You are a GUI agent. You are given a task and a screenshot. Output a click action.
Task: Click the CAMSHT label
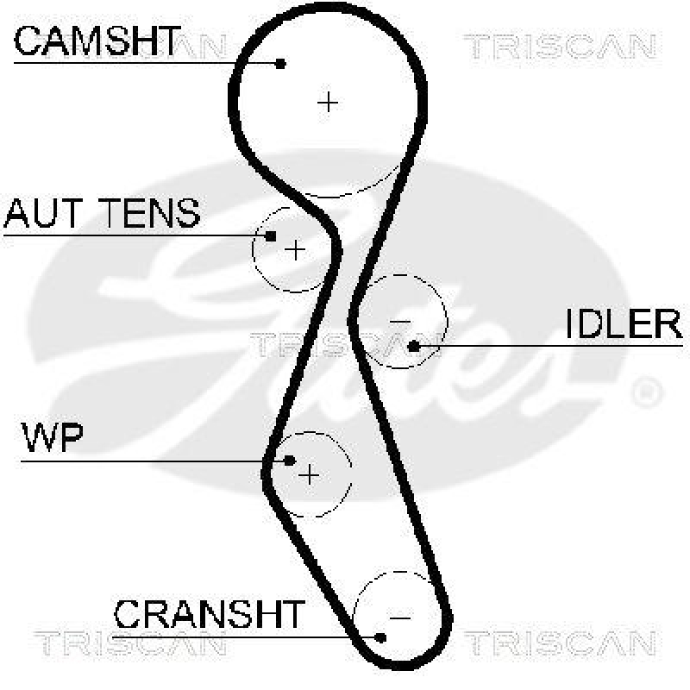coord(97,41)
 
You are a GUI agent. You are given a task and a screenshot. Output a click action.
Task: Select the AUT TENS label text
coord(102,212)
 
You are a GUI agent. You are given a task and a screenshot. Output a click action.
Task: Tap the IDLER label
coord(624,324)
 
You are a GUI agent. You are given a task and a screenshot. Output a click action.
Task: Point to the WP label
coord(52,440)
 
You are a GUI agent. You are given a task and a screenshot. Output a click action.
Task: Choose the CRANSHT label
coord(209,614)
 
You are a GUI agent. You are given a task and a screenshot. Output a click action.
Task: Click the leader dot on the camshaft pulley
coord(280,63)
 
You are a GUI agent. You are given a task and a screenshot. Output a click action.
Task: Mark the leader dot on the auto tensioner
coord(271,235)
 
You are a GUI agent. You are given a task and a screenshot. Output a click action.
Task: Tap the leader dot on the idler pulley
coord(413,346)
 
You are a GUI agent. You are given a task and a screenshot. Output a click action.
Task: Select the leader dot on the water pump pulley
coord(290,461)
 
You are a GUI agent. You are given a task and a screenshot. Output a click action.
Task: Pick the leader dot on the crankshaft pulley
coord(381,637)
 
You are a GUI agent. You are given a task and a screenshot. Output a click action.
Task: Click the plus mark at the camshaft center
coord(328,102)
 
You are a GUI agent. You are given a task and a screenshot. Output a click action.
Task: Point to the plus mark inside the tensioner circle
coord(296,250)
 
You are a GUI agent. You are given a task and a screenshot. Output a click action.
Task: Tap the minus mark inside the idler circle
coord(400,322)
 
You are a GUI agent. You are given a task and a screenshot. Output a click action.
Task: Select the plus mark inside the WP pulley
coord(310,474)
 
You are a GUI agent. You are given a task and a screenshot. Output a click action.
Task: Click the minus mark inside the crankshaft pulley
coord(399,617)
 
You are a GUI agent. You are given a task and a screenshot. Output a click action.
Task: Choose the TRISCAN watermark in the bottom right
coord(559,643)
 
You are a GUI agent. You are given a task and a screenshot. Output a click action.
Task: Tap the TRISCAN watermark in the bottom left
coord(129,643)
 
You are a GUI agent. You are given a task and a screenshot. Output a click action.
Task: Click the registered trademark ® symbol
coord(645,392)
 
